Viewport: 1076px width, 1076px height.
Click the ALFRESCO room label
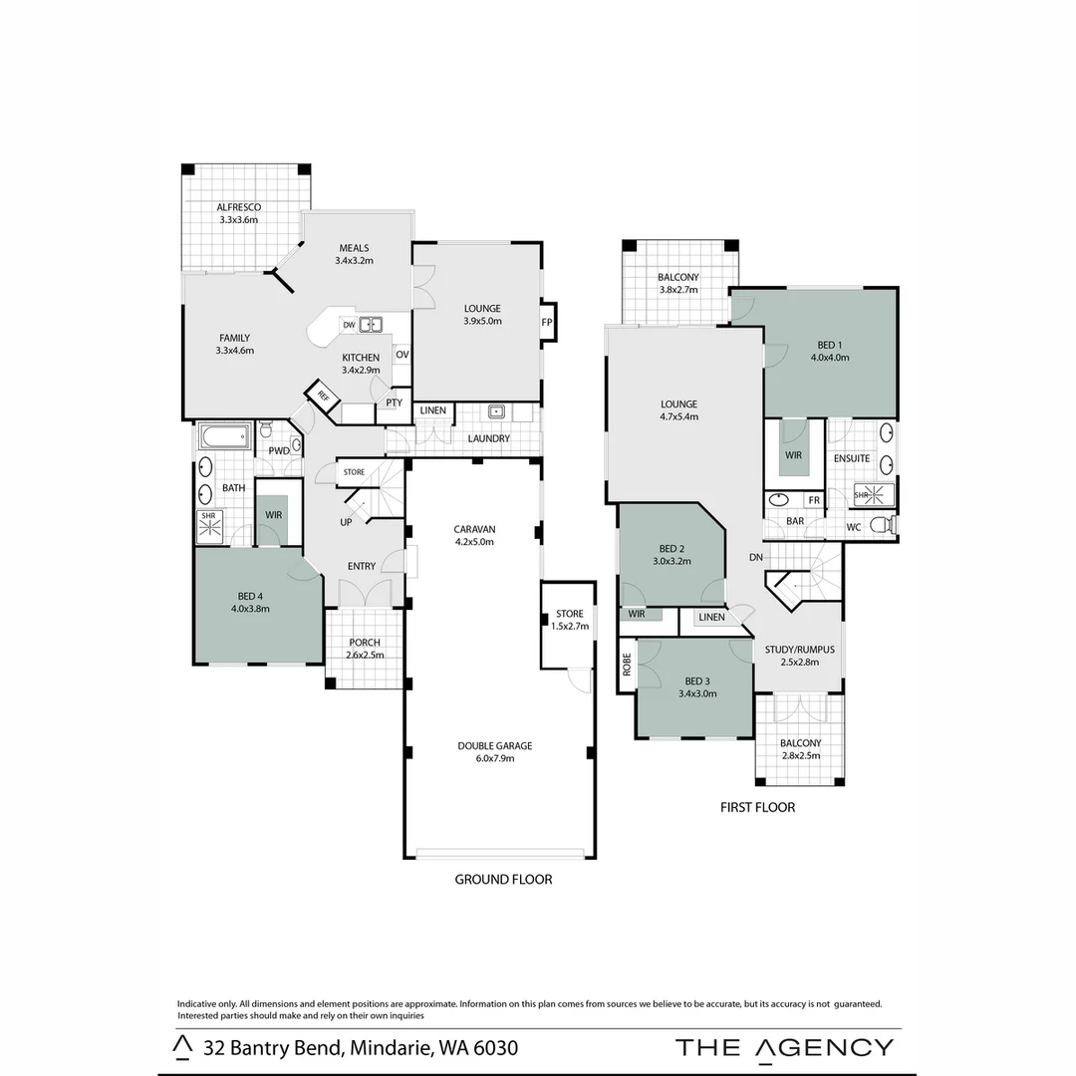(238, 207)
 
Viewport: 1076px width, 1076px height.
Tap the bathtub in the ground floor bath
(225, 436)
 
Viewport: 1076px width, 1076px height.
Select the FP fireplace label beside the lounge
(546, 323)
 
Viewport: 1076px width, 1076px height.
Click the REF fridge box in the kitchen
(324, 395)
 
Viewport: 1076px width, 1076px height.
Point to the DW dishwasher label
(349, 325)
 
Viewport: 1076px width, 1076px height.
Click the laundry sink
(495, 411)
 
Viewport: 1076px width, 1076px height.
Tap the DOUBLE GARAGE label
(495, 745)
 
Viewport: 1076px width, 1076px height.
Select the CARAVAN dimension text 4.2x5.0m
(474, 542)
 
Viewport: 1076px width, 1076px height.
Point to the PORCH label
(364, 643)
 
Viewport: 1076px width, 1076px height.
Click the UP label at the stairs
(346, 521)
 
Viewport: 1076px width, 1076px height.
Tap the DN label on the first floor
(756, 558)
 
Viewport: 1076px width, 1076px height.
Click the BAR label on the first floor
(795, 521)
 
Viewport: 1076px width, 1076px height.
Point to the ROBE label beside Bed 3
(627, 665)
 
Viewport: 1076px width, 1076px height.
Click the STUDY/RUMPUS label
(799, 650)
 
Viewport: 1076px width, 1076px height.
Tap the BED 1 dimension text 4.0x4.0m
(829, 357)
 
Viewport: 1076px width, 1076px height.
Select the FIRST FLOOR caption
(757, 807)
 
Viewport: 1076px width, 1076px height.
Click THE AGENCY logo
(784, 1047)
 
